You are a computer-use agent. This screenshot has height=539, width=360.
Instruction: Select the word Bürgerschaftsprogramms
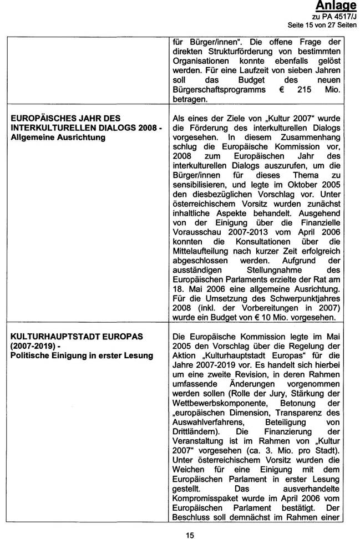pos(215,90)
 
